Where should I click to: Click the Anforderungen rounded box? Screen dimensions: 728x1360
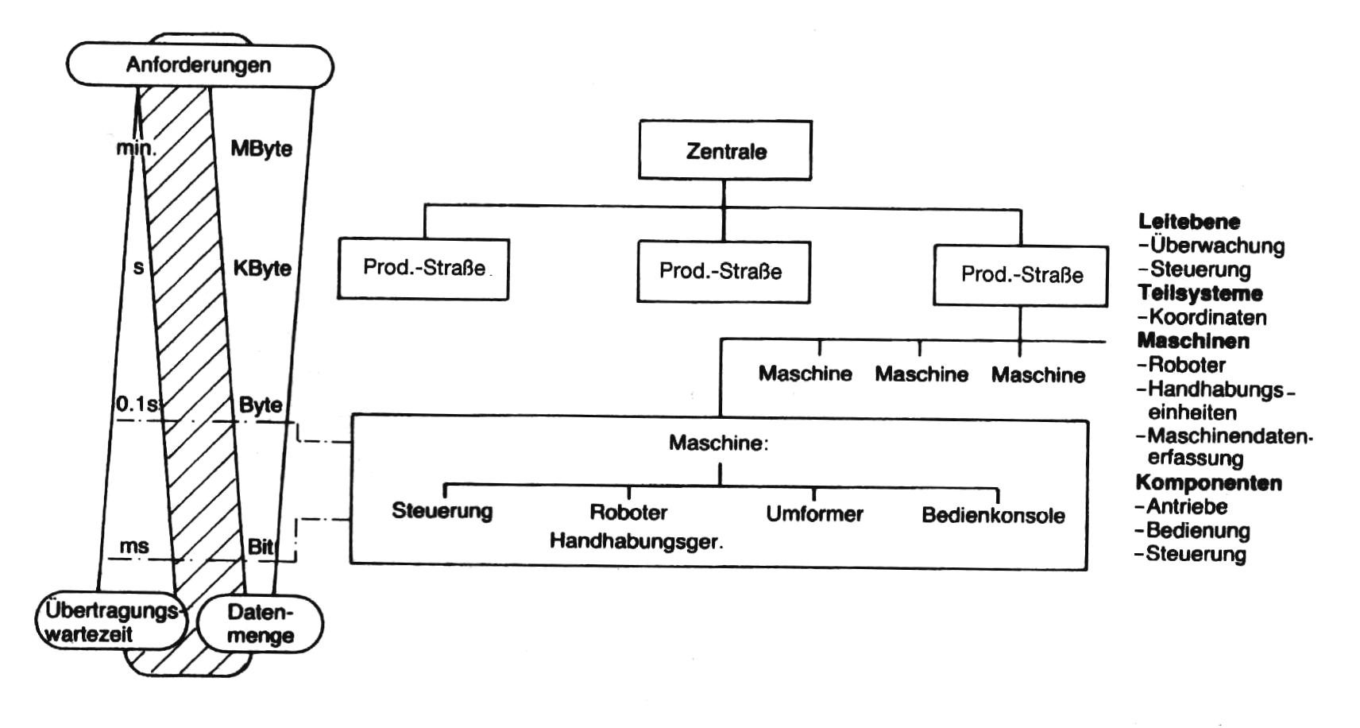[x=199, y=65]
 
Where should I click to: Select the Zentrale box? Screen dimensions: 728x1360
[x=725, y=150]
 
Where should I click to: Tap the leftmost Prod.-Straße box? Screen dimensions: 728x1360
[x=423, y=269]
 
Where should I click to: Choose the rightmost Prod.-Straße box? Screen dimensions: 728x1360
[x=1021, y=275]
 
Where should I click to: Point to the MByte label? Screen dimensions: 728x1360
[x=261, y=149]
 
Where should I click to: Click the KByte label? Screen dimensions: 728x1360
[x=262, y=268]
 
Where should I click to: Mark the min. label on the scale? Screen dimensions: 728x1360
[x=137, y=148]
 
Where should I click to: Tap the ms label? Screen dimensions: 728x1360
[x=133, y=546]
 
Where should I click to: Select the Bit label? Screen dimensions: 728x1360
[x=261, y=546]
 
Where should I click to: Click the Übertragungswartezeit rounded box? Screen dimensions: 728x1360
[x=111, y=623]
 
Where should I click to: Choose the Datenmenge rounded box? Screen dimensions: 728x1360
[x=260, y=624]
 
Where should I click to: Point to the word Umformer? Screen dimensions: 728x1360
[x=814, y=514]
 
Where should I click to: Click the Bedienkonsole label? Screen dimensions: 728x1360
[x=993, y=515]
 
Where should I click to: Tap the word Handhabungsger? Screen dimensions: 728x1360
[x=636, y=542]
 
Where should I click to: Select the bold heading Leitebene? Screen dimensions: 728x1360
[x=1188, y=222]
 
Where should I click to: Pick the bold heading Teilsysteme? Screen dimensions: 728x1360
[x=1200, y=293]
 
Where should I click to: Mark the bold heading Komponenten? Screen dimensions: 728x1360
[x=1208, y=483]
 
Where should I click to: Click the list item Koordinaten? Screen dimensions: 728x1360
[x=1207, y=317]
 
